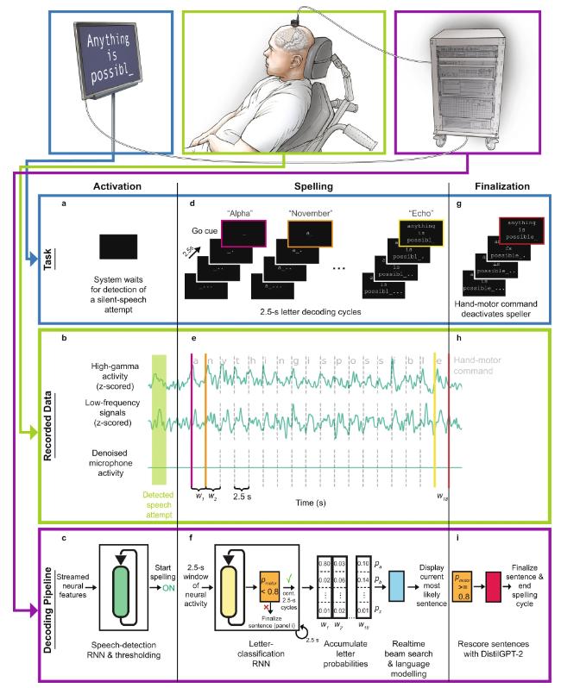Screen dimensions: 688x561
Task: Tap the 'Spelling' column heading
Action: point(313,184)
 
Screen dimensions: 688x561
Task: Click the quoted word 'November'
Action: point(304,210)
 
